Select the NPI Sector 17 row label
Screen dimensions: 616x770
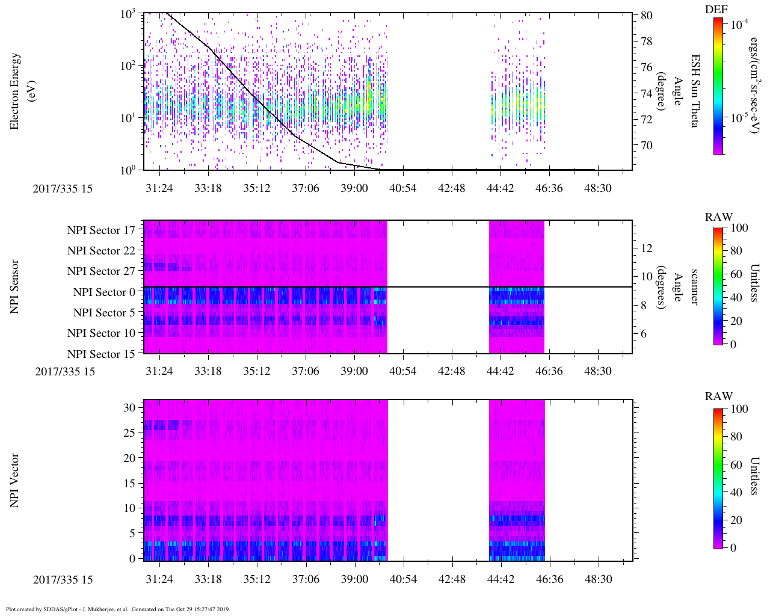coord(101,230)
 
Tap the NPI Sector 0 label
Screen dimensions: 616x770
coord(104,292)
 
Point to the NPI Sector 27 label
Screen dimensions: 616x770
coord(101,271)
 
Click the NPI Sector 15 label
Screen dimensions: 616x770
coord(101,354)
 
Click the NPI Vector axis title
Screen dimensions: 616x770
coord(15,481)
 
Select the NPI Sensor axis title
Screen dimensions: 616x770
coord(15,286)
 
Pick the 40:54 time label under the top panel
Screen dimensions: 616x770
coord(402,188)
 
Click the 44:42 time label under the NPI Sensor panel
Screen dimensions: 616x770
coord(500,371)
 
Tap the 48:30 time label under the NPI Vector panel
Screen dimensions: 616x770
coord(598,579)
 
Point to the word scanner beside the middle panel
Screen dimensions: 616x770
coord(694,286)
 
